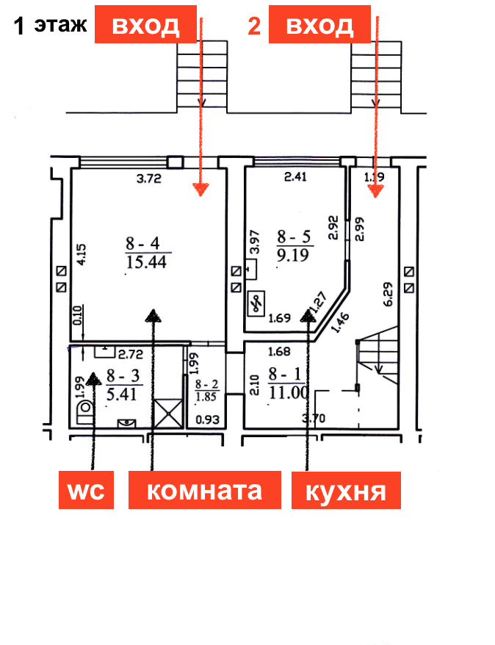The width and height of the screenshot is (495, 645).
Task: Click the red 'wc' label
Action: pos(86,490)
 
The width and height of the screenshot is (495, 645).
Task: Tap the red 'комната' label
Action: pos(205,490)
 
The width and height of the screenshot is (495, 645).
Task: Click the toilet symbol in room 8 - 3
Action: pos(85,409)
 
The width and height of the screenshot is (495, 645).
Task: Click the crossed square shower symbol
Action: pos(167,411)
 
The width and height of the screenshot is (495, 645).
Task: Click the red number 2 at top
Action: pos(254,27)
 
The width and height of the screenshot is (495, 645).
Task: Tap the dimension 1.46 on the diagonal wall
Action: pos(340,323)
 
